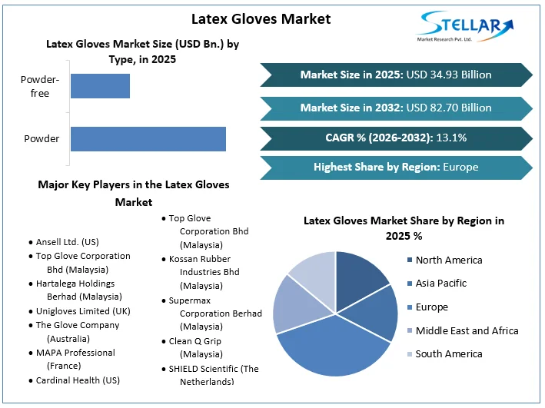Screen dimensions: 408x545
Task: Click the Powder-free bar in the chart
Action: [x=100, y=86]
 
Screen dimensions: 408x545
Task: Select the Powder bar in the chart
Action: [x=148, y=139]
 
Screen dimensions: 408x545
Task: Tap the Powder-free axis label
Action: [x=35, y=86]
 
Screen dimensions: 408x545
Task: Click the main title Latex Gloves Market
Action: [x=261, y=18]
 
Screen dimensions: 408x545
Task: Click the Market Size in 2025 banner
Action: [x=395, y=75]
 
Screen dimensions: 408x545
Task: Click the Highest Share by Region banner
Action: [x=395, y=167]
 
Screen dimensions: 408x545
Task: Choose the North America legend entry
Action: [x=449, y=260]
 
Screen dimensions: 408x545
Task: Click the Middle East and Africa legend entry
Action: [x=467, y=330]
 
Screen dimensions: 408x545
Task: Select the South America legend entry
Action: [x=449, y=353]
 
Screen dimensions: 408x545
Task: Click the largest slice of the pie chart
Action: [x=331, y=346]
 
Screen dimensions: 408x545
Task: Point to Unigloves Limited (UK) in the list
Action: [x=83, y=311]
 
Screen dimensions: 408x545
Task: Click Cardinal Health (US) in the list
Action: [x=78, y=380]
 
